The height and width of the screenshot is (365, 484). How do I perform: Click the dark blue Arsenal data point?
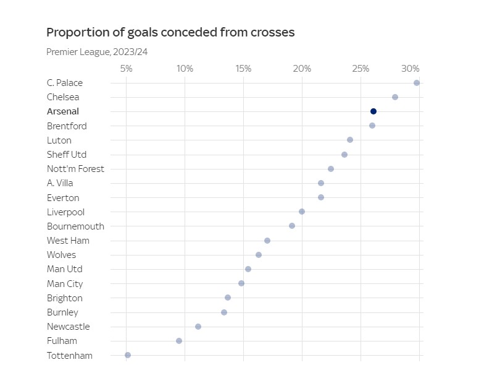pyautogui.click(x=373, y=111)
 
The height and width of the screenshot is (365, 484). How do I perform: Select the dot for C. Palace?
pyautogui.click(x=417, y=83)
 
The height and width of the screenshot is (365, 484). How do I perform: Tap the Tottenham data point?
pyautogui.click(x=128, y=355)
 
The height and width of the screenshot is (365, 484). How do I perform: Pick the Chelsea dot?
pyautogui.click(x=395, y=97)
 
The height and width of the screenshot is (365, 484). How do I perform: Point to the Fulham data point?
pyautogui.click(x=179, y=341)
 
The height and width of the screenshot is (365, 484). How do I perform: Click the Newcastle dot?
pyautogui.click(x=198, y=327)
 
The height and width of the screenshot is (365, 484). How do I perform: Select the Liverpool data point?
pyautogui.click(x=302, y=212)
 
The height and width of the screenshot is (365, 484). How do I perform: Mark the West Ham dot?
pyautogui.click(x=267, y=241)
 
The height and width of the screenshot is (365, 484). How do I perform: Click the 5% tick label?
pyautogui.click(x=126, y=68)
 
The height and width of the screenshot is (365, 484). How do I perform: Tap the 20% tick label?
pyautogui.click(x=302, y=68)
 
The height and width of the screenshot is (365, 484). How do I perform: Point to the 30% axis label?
pyautogui.click(x=410, y=68)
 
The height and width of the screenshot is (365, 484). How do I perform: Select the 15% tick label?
pyautogui.click(x=243, y=68)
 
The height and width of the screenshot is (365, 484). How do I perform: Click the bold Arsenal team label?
pyautogui.click(x=63, y=111)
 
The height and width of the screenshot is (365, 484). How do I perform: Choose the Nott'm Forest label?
pyautogui.click(x=75, y=169)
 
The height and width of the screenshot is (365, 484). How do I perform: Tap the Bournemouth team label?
pyautogui.click(x=75, y=226)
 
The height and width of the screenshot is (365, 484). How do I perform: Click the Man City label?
pyautogui.click(x=65, y=284)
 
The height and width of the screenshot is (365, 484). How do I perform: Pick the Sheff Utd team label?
pyautogui.click(x=67, y=155)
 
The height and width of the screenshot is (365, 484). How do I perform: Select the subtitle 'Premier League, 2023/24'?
pyautogui.click(x=97, y=52)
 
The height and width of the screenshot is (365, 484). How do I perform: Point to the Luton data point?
pyautogui.click(x=350, y=140)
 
